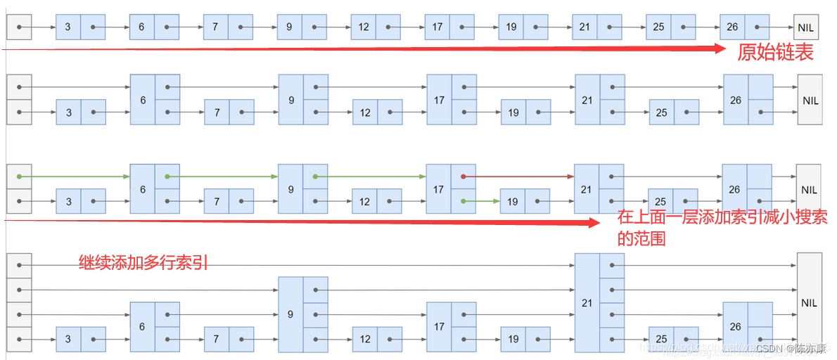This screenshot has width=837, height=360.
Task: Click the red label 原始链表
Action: coord(774,53)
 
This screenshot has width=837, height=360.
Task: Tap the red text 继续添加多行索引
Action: coord(143,264)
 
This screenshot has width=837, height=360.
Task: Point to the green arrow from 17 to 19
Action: coord(483,202)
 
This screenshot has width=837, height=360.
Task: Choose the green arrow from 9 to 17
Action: coord(371,176)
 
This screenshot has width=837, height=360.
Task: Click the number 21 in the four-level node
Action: coord(587,302)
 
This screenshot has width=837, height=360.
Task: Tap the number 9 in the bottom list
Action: coord(290,314)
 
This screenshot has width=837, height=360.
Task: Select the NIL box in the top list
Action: coord(806,27)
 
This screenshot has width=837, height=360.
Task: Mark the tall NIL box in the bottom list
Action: coord(809,302)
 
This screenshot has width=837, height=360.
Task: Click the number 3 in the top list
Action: coord(68,27)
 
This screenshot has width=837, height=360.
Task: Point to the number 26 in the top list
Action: coord(732,27)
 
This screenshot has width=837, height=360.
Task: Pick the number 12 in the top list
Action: coord(364,27)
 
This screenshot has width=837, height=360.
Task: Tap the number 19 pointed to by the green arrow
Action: coord(513,202)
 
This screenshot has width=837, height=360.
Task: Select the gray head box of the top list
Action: coord(19,27)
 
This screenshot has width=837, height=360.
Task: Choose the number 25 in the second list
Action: coord(661,112)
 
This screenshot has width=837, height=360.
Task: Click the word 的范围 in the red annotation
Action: coord(641,238)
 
